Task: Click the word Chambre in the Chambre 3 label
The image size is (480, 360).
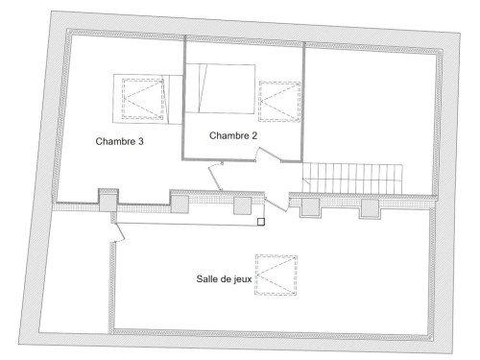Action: (114, 141)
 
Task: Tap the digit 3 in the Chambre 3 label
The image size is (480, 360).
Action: (140, 141)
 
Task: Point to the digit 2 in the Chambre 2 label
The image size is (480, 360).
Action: (253, 135)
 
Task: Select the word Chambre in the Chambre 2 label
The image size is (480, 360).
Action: (228, 135)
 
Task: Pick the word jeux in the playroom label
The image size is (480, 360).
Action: (244, 279)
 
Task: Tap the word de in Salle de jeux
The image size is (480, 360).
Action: (226, 278)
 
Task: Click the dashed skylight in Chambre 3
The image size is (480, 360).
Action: (143, 99)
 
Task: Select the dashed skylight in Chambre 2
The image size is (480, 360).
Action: (279, 102)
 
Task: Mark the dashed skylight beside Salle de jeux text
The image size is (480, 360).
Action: (276, 275)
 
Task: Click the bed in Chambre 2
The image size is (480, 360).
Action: (221, 88)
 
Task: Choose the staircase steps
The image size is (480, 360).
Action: (352, 179)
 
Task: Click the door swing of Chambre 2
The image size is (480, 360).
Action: (270, 155)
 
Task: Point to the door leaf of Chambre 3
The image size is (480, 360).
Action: (215, 179)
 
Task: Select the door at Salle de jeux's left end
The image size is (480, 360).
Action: (120, 231)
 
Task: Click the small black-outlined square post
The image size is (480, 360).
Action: (261, 222)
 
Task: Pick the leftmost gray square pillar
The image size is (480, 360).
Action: (108, 203)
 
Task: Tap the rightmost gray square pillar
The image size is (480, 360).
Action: (371, 207)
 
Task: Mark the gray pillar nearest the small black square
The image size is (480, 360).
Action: (242, 205)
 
